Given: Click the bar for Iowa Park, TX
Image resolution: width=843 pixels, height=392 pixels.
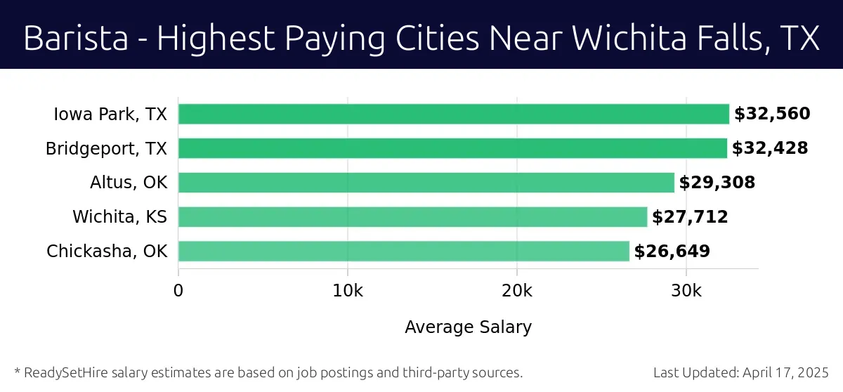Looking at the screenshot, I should point(454,114).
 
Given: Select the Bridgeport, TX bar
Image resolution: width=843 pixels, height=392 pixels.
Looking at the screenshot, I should point(452,148).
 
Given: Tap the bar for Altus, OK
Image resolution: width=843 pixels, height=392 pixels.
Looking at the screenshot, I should point(426,183).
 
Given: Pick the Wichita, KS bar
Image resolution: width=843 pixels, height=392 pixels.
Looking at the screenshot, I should point(412,217).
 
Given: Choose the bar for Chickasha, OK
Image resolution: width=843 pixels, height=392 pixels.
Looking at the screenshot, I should point(404,251).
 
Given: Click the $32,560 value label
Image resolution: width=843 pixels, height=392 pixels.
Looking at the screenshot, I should point(772,114).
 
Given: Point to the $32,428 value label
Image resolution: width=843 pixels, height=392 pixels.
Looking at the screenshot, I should point(770,148).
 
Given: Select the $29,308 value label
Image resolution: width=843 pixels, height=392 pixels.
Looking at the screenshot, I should point(717,183).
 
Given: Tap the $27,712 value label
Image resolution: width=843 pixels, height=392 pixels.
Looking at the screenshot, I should point(690,217).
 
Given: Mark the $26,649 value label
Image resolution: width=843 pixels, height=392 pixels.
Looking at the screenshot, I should point(672,251).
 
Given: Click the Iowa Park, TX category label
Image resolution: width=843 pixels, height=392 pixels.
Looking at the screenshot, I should point(110,114).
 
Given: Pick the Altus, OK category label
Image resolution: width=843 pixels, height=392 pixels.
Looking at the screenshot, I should point(129,183).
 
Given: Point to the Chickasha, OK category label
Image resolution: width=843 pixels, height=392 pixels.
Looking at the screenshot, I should point(107,251).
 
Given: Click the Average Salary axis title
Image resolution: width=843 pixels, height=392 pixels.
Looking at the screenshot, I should point(468,327).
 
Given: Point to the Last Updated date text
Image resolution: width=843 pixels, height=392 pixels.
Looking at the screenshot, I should point(741,372).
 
